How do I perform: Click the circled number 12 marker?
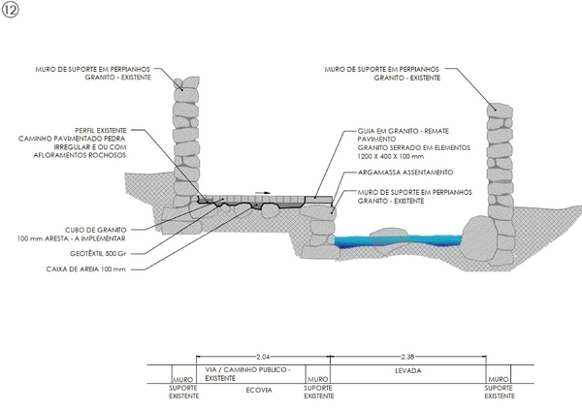click(x=11, y=11)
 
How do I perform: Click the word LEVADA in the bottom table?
click(x=406, y=370)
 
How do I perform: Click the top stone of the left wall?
click(x=179, y=82)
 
